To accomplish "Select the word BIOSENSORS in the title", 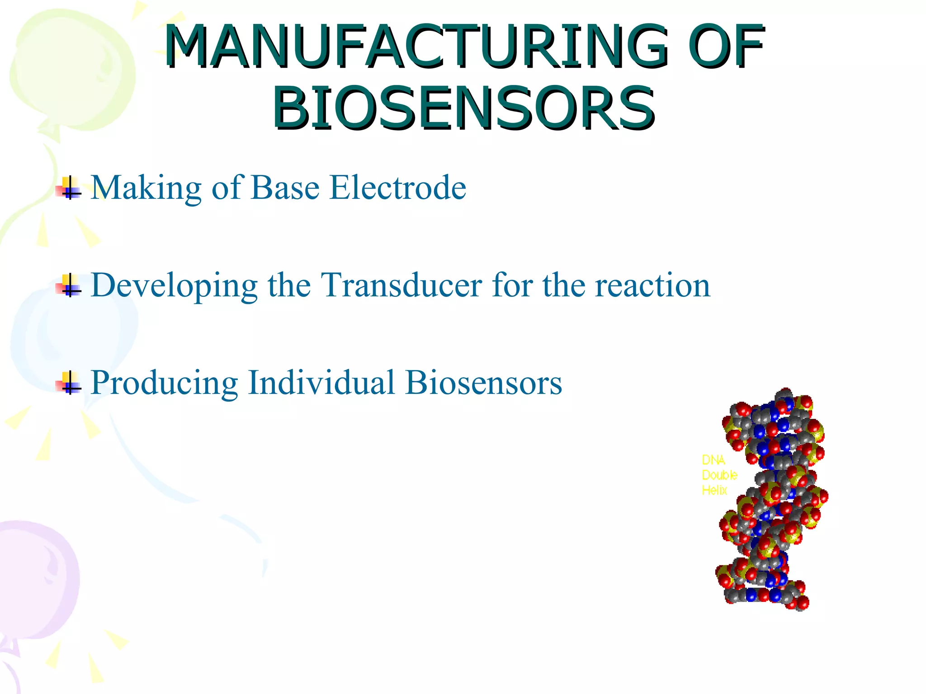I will (463, 109).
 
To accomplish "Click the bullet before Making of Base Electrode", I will (69, 188).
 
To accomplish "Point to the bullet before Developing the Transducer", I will (69, 286).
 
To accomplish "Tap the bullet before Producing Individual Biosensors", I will (69, 383).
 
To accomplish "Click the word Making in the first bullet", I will (146, 188).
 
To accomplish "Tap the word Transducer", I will (401, 285).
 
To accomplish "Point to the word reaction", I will (652, 286).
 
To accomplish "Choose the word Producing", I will (164, 384).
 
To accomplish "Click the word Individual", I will (321, 383).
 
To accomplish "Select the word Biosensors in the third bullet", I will (483, 383).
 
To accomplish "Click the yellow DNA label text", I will (713, 460).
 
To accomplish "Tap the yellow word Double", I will (719, 475).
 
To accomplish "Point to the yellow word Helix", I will (714, 490).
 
